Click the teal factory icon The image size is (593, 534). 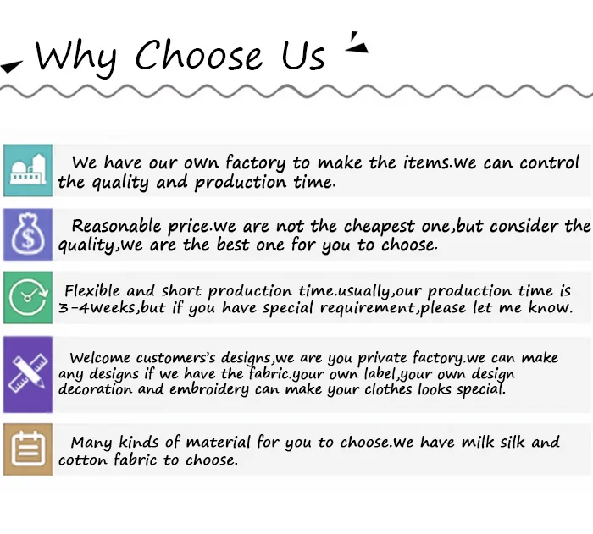28,170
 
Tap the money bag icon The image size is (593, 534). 28,234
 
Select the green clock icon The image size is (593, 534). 28,297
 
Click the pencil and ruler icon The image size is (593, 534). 28,374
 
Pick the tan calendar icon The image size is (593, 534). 28,449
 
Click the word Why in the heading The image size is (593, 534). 75,57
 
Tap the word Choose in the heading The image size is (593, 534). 198,55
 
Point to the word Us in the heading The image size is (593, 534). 303,56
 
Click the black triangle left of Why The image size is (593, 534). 11,67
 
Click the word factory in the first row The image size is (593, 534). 255,163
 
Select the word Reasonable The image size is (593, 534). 117,226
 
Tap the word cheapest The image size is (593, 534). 379,227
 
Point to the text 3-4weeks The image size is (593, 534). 97,308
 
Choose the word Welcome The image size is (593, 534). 100,357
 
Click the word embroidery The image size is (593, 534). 209,389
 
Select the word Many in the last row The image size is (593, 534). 91,443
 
